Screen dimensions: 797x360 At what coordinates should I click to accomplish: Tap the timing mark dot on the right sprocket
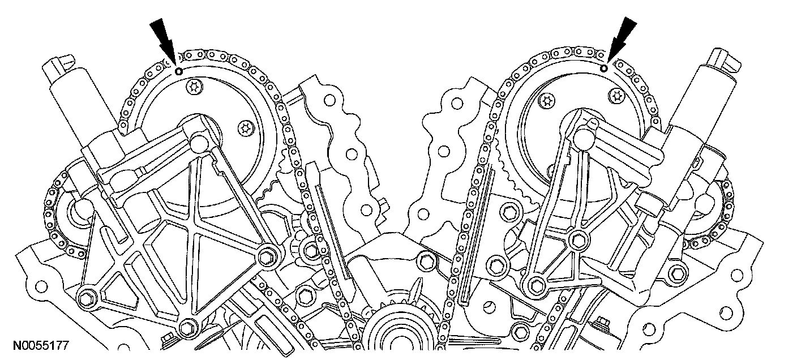point(603,68)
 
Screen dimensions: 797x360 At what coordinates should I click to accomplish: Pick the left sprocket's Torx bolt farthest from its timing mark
point(244,128)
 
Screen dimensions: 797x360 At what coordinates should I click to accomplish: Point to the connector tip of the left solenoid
point(58,62)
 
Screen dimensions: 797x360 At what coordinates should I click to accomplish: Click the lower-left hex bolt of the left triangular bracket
point(86,298)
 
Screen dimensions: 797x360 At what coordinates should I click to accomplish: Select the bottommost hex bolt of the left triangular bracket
point(187,327)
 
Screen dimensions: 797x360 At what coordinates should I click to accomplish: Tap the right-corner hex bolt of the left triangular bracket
point(265,256)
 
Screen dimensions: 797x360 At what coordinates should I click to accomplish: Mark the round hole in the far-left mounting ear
point(40,281)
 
